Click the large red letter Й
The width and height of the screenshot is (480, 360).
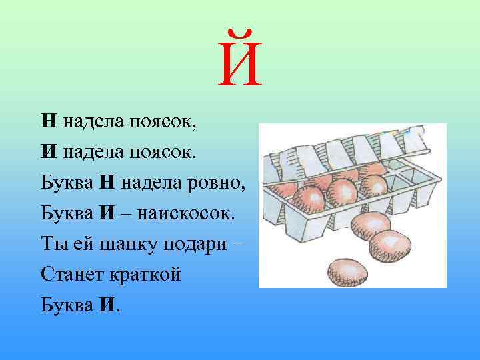(240, 63)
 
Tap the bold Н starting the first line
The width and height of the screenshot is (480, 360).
(48, 121)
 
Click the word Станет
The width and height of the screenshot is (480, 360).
(71, 274)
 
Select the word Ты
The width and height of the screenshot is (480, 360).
(53, 243)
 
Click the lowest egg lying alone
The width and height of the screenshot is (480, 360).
(347, 271)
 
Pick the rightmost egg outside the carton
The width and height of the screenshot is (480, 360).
(390, 245)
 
